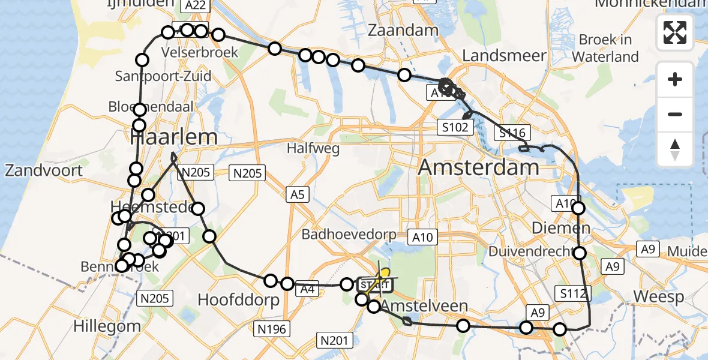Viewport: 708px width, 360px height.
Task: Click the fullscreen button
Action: click(675, 32)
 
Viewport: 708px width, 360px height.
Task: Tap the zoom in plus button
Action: click(675, 79)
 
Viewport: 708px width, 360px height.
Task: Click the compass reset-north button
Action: click(675, 149)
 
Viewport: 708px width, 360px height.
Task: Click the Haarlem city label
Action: click(174, 137)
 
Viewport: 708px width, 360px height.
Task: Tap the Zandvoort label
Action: click(43, 170)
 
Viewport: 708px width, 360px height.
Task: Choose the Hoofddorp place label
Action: click(238, 300)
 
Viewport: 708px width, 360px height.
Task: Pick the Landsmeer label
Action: click(504, 56)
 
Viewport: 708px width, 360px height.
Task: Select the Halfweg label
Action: click(313, 148)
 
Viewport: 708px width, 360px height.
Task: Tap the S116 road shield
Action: click(509, 133)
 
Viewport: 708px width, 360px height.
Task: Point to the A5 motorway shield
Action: click(296, 194)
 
